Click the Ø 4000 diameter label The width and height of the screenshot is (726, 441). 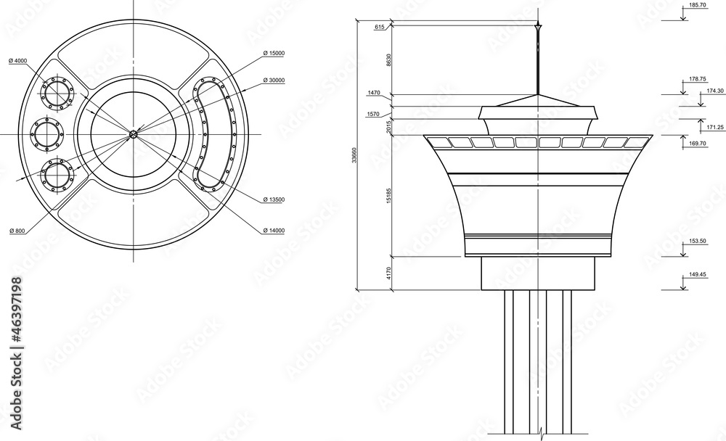(17, 60)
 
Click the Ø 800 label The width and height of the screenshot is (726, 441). (17, 231)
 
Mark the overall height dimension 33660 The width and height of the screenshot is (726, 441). (354, 156)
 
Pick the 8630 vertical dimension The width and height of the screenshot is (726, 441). (388, 60)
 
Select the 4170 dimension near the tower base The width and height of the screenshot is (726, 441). (388, 273)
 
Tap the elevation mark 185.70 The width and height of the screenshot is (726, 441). (696, 5)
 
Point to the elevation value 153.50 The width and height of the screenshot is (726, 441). (696, 240)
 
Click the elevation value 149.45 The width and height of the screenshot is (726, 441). (696, 275)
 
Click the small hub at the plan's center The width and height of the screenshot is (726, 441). (134, 133)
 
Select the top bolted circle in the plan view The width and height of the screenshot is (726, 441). (57, 93)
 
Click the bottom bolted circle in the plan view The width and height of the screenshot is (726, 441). (57, 175)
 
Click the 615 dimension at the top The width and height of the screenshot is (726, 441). (379, 27)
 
